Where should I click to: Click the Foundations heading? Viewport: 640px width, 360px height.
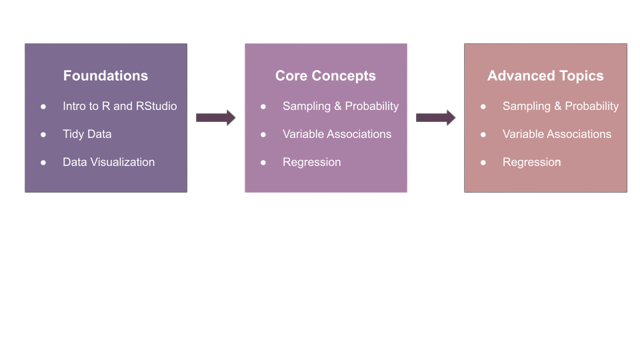[x=105, y=76]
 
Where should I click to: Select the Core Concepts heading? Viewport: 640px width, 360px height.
[x=325, y=76]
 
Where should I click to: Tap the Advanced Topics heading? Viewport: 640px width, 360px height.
[x=545, y=76]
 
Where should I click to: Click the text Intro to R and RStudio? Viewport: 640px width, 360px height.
[x=119, y=106]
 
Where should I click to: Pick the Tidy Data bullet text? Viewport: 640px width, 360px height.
[x=87, y=134]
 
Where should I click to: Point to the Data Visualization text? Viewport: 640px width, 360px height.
[x=109, y=162]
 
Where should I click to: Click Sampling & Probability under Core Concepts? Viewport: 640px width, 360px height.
[x=340, y=106]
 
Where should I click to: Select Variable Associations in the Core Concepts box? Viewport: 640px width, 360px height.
[x=337, y=134]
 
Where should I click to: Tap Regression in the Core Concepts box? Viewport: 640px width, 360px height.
[x=311, y=162]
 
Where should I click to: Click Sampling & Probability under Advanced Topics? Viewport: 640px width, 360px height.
[x=560, y=106]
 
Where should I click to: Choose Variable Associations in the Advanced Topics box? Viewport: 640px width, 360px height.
[x=557, y=134]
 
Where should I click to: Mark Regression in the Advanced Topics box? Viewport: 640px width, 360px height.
[x=531, y=162]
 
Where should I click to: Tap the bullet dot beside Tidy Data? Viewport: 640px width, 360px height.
[x=43, y=135]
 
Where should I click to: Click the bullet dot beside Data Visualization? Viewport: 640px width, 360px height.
[x=43, y=163]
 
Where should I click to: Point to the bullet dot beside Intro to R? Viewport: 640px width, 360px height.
[x=43, y=107]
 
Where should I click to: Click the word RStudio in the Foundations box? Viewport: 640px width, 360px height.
[x=157, y=106]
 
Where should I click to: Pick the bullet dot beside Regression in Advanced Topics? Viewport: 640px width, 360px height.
[x=483, y=163]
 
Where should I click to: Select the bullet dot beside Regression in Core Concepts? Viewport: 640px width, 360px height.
[x=263, y=163]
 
